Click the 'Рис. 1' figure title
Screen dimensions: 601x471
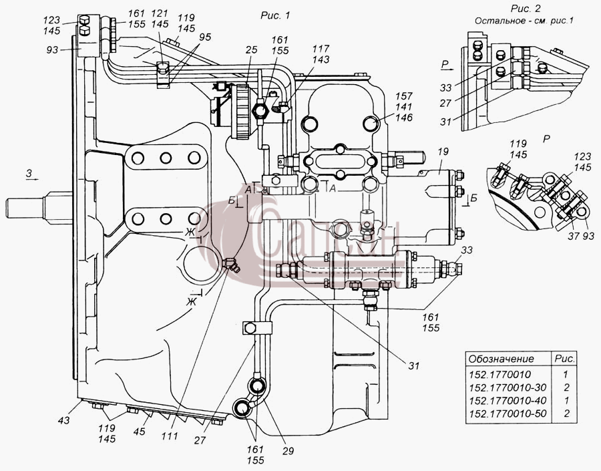tap(275, 15)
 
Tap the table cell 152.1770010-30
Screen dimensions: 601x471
tap(508, 387)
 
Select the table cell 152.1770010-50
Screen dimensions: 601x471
tap(508, 414)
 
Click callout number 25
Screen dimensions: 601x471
tap(252, 50)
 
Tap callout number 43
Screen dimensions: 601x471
tap(64, 420)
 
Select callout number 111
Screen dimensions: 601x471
tap(170, 436)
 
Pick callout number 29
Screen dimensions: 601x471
tap(288, 451)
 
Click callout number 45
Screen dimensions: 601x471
tap(139, 432)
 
